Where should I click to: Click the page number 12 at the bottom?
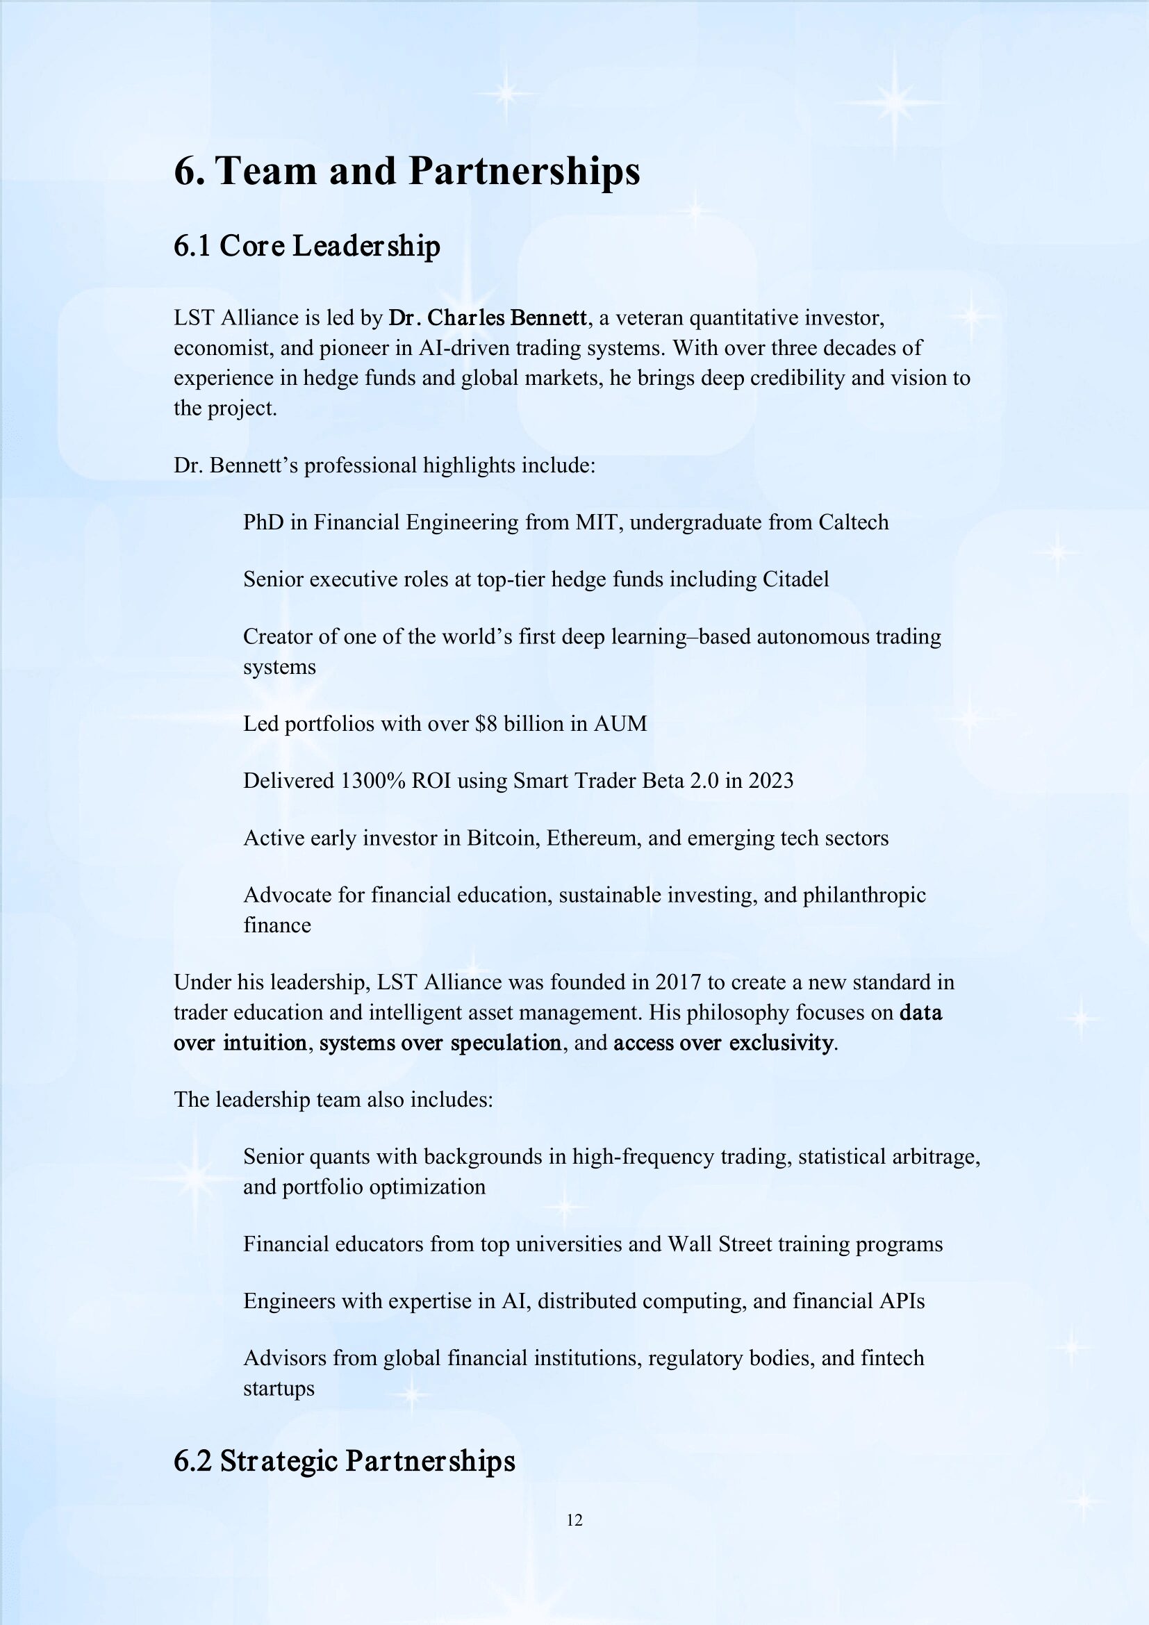(574, 1519)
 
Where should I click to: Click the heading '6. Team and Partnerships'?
(407, 172)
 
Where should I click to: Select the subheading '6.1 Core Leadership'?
(306, 247)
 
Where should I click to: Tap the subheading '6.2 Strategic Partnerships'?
(344, 1461)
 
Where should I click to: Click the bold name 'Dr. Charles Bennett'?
(488, 317)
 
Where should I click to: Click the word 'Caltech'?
(853, 522)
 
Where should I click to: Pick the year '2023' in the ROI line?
(770, 781)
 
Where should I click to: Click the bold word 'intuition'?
(265, 1043)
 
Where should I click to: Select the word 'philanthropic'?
(864, 896)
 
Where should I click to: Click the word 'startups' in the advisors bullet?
(279, 1388)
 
